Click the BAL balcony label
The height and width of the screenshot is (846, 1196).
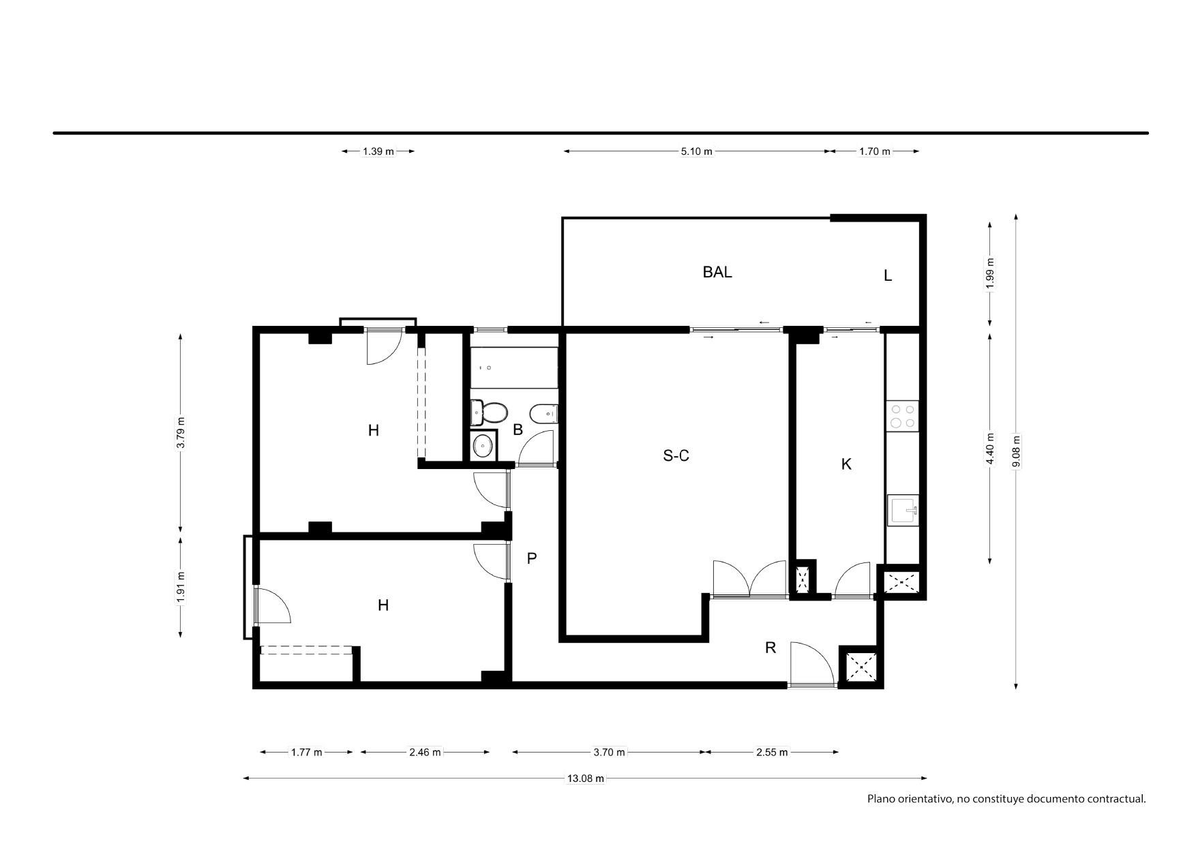(717, 272)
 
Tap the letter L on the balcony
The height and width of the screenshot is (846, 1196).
(888, 276)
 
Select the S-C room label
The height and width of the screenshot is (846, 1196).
(676, 455)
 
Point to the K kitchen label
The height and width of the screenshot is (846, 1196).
(846, 464)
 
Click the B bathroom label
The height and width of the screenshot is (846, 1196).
(518, 430)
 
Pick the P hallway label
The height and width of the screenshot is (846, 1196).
(532, 559)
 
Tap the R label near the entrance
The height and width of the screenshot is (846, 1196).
(771, 648)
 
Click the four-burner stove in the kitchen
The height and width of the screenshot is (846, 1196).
(902, 416)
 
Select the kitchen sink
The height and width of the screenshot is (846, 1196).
(903, 509)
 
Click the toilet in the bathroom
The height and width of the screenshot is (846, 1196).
(489, 412)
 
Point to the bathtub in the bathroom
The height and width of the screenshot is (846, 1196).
(514, 367)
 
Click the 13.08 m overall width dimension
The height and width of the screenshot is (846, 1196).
(586, 779)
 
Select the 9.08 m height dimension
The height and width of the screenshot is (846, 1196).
(1016, 451)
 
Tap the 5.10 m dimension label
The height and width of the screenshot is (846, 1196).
(696, 151)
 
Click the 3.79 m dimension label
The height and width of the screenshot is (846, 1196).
(181, 433)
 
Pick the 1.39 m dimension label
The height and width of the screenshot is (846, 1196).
(378, 151)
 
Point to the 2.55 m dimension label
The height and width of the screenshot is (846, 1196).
(772, 753)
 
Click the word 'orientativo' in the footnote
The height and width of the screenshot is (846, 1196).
(924, 799)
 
